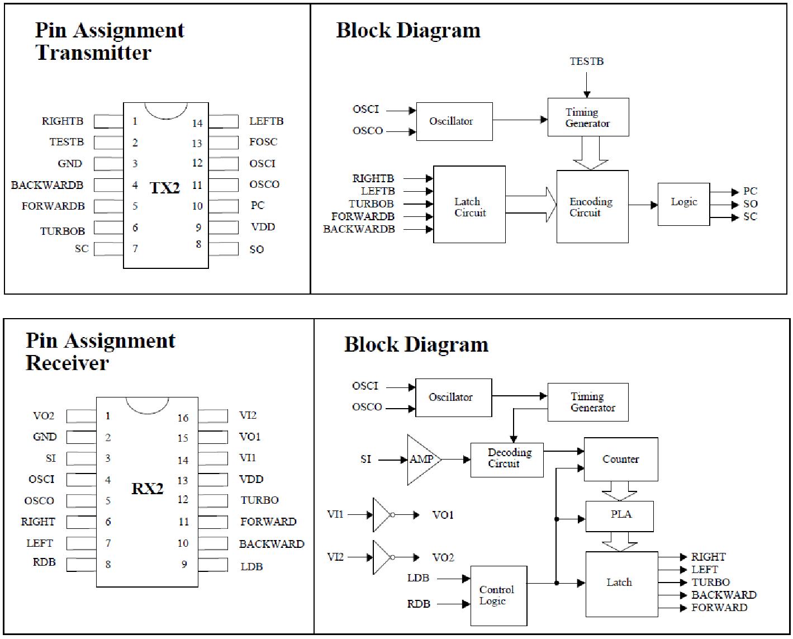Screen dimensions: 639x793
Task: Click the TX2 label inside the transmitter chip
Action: tap(165, 188)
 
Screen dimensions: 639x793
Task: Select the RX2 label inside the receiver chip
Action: tap(148, 489)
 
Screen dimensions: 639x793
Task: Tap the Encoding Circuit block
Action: tap(592, 207)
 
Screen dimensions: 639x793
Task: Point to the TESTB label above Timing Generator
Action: tap(586, 61)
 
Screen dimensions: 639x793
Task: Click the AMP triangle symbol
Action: tap(422, 460)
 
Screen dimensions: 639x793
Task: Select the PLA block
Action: tap(620, 515)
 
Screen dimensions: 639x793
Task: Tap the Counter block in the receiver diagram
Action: tap(620, 460)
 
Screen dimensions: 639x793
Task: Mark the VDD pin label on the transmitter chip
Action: tap(263, 227)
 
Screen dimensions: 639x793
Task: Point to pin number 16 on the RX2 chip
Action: tap(183, 418)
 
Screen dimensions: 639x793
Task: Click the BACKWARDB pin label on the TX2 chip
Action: tap(47, 185)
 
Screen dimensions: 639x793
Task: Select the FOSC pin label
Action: tap(263, 142)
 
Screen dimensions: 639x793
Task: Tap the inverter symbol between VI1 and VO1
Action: tap(383, 515)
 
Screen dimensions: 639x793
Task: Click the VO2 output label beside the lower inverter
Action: tap(443, 558)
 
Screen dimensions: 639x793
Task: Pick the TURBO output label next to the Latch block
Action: tap(710, 582)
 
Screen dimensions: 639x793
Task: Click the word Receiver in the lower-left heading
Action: tap(67, 363)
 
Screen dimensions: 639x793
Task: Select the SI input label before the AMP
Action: tap(365, 460)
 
